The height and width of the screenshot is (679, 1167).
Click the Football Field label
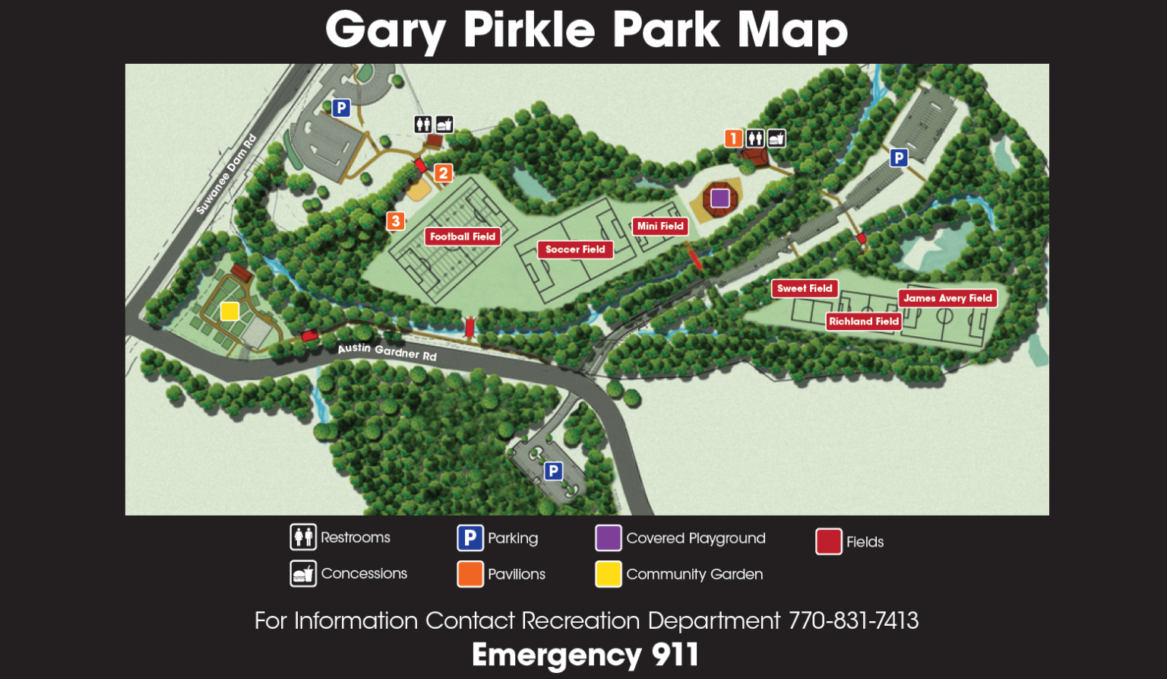tap(462, 236)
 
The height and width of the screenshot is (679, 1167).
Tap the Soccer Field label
tap(575, 249)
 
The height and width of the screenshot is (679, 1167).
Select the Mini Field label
tap(660, 226)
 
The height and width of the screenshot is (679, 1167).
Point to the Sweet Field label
tap(805, 288)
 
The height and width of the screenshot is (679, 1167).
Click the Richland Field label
tap(864, 321)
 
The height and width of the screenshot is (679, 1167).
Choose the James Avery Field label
tap(947, 298)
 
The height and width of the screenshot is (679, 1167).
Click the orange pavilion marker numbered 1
tap(733, 138)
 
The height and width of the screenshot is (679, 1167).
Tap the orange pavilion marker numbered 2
tap(444, 173)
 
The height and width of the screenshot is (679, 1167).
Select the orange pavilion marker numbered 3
tap(395, 221)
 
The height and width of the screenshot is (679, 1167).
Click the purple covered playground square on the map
tap(720, 198)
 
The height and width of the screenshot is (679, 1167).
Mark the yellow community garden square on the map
tap(229, 311)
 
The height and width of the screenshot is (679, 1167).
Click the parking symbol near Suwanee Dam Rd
tap(341, 108)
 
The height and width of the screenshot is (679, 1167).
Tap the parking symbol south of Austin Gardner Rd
tap(553, 471)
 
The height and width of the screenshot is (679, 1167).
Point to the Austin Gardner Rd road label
tap(387, 351)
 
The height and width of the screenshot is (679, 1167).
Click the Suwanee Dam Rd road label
tap(226, 174)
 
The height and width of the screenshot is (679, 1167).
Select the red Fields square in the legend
tap(829, 541)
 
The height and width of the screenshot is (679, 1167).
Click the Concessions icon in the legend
tap(303, 573)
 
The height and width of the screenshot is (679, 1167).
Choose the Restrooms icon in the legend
tap(303, 537)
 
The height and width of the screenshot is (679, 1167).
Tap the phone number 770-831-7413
tap(853, 620)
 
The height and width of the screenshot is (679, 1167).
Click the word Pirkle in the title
tap(529, 30)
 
